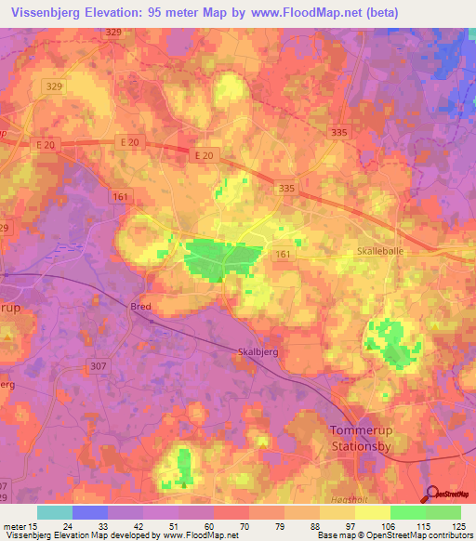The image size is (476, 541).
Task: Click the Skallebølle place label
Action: (x=383, y=252)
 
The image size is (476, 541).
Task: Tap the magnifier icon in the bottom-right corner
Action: (x=431, y=495)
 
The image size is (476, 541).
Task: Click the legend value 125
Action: (x=456, y=524)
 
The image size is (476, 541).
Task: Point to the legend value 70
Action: (x=231, y=524)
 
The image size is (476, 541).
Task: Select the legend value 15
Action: (x=32, y=524)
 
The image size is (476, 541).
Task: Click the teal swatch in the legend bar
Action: (x=55, y=512)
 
